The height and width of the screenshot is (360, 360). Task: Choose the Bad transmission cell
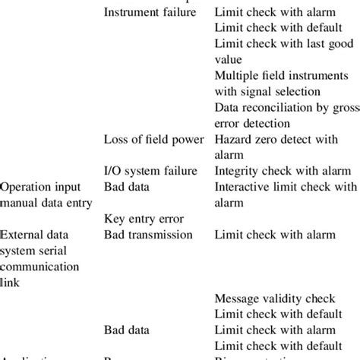click(x=147, y=235)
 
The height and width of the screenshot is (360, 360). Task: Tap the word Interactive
click(x=245, y=186)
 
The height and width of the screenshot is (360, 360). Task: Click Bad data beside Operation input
click(x=126, y=186)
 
